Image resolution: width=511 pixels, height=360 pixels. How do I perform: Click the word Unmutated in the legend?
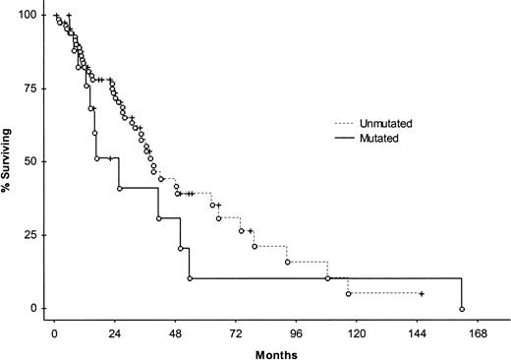tap(386, 124)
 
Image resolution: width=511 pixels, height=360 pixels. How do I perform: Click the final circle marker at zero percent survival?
tap(462, 309)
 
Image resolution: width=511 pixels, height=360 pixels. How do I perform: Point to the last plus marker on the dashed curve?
tap(421, 294)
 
